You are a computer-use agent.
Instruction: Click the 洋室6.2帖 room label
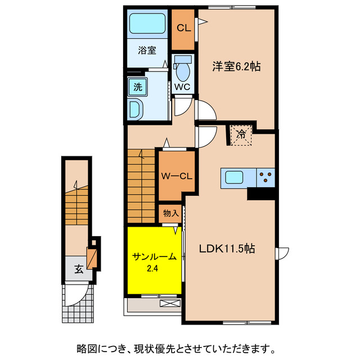tap(236, 66)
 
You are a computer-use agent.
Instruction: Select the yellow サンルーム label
tap(155, 256)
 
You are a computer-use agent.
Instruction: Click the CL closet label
tap(183, 28)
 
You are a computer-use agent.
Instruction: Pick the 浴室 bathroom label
tap(147, 50)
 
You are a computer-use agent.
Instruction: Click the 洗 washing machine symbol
tap(137, 87)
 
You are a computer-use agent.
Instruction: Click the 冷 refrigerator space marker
tap(241, 134)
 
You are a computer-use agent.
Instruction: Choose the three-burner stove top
tap(265, 178)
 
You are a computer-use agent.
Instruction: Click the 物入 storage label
tap(170, 213)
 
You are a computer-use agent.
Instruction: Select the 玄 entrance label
tap(78, 269)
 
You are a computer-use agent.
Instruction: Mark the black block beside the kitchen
tap(261, 193)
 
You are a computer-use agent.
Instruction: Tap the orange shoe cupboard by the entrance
tap(93, 255)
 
